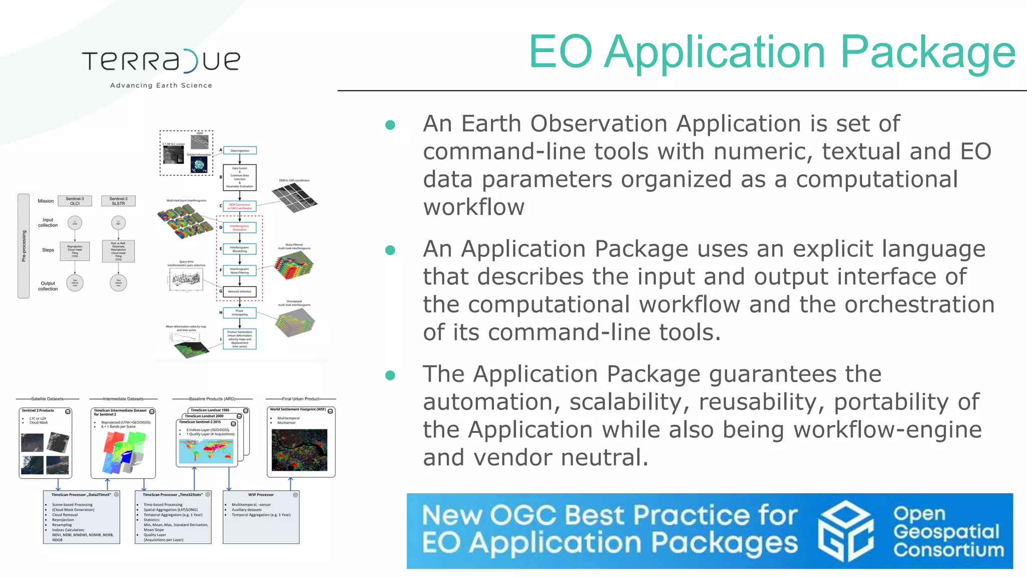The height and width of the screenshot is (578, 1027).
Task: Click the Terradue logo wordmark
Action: [161, 61]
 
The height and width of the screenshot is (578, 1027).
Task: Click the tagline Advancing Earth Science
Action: [161, 85]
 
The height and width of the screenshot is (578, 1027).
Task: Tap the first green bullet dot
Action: [390, 125]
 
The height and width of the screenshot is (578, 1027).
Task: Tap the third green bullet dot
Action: [390, 375]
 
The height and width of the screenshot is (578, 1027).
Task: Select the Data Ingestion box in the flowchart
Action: [240, 151]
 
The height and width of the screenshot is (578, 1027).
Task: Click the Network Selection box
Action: [240, 292]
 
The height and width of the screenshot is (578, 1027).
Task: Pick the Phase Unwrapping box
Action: [240, 313]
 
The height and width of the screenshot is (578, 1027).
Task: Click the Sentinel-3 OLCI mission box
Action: [75, 201]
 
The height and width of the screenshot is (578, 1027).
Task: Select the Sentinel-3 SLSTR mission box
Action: [118, 201]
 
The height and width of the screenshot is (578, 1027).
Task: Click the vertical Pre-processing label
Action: [24, 246]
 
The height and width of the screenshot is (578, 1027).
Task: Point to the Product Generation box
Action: [240, 339]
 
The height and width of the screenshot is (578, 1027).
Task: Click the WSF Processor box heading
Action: [261, 495]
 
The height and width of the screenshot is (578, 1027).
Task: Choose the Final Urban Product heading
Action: [300, 399]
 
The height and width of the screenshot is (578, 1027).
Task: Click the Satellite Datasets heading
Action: [47, 399]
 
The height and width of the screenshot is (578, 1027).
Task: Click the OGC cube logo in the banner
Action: [845, 531]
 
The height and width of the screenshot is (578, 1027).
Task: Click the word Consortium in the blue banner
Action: [949, 550]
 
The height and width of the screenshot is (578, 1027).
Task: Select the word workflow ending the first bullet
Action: [473, 207]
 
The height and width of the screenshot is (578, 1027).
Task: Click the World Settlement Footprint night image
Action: [299, 450]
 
